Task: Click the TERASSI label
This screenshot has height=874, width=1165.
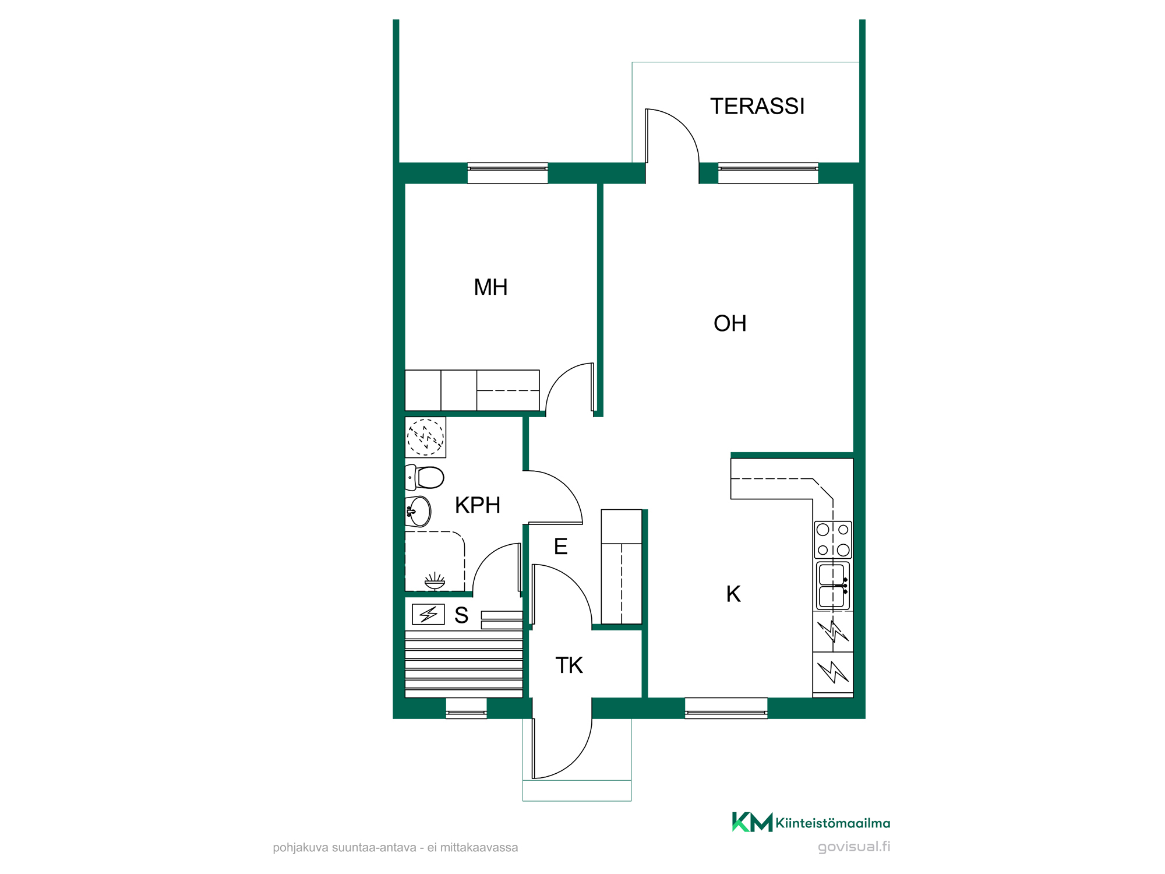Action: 757,106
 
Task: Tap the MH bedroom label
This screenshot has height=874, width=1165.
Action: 490,287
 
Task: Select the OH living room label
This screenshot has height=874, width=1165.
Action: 730,323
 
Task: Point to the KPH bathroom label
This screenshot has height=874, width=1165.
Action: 478,505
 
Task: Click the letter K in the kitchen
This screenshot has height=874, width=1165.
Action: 733,594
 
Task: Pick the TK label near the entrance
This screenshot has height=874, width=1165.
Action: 569,665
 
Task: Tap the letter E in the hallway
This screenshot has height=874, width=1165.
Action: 561,547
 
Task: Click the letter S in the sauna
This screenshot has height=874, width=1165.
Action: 461,615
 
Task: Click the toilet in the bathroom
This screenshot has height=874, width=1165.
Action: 425,477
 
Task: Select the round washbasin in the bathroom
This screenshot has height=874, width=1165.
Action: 418,512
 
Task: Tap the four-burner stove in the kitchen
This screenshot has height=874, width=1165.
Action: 833,540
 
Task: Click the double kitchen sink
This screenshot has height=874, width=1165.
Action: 833,586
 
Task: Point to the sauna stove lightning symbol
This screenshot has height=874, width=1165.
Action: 428,614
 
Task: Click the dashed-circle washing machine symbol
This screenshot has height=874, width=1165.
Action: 425,437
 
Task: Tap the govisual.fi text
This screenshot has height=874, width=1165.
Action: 854,847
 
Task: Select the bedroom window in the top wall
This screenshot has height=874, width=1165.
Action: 507,173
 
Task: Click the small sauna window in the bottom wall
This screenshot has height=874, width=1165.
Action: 466,708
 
